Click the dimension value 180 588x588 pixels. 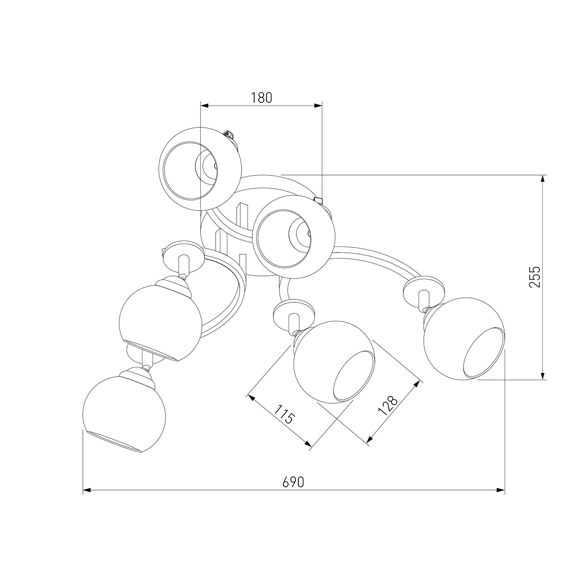tap(261, 98)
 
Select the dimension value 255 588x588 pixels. tap(535, 277)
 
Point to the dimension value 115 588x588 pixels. tap(284, 415)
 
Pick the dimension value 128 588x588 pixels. tap(388, 406)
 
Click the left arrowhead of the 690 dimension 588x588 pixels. tap(87, 499)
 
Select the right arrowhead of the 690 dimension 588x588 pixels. tap(500, 499)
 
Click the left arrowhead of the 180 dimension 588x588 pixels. tap(204, 105)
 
